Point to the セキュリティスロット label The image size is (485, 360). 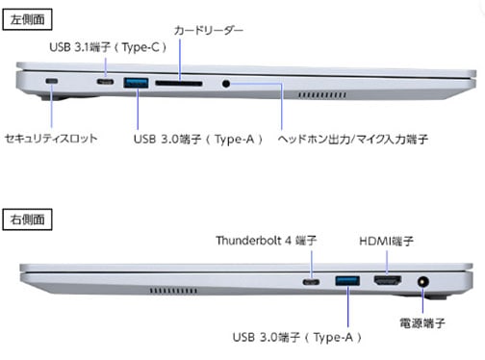(51, 139)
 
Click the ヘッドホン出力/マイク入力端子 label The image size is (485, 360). (352, 139)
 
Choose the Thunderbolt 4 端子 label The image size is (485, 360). (266, 240)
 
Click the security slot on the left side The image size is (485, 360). (51, 82)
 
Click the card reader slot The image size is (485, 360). (178, 84)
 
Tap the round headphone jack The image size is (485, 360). (227, 84)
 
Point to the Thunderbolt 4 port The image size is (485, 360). (312, 282)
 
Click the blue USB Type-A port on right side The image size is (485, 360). (346, 282)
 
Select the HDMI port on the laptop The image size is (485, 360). (387, 282)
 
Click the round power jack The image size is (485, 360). (422, 283)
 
